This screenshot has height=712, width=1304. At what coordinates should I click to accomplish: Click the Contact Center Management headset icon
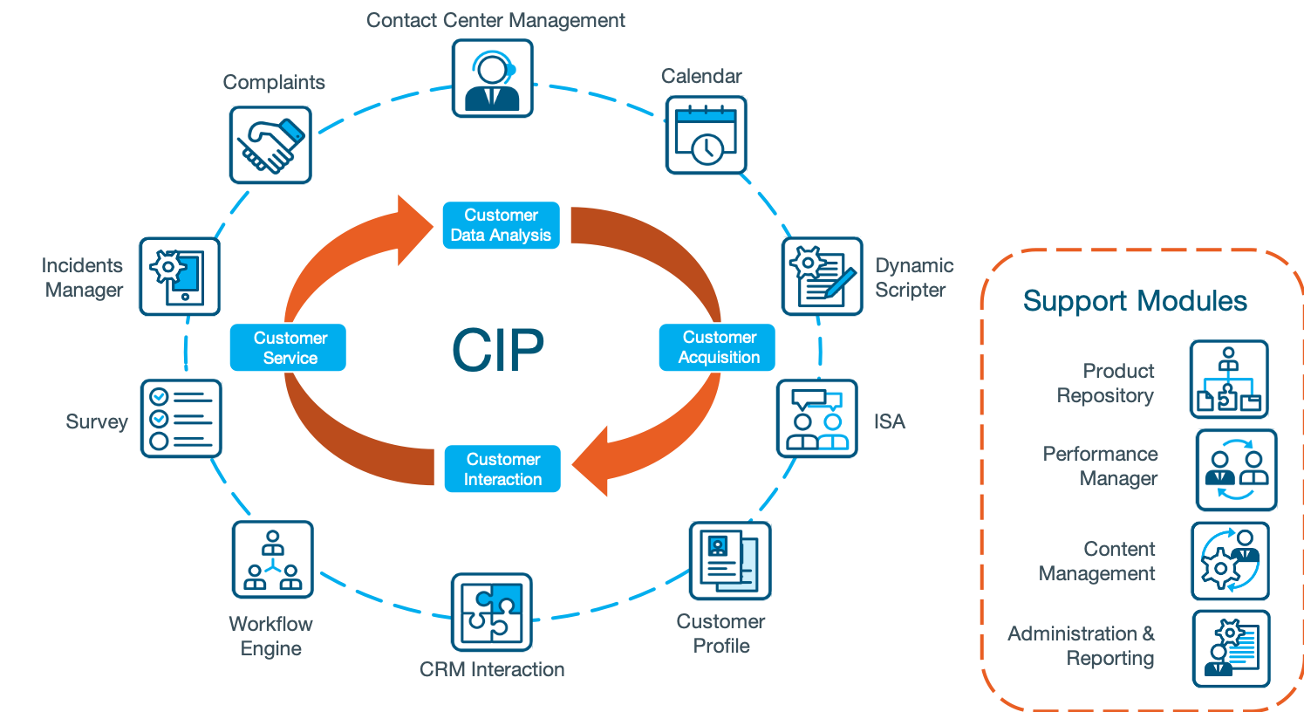coord(492,79)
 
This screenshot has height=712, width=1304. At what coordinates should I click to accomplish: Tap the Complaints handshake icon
coord(270,145)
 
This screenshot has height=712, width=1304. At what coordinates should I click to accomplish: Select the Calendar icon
coord(706,135)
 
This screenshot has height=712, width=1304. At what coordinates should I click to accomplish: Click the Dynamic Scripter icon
coord(822,277)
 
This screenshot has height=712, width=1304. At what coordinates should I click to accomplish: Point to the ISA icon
coord(817,419)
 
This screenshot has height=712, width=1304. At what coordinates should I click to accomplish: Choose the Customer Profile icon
coord(730,561)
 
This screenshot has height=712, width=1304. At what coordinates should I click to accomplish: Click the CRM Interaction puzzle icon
coord(492,613)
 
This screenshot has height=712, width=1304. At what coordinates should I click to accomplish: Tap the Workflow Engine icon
coord(272,559)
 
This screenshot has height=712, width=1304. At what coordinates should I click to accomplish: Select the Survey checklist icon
coord(181,419)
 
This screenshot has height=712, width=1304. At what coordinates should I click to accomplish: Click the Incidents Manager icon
coord(179,277)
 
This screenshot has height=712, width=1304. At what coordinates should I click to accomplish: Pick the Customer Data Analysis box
coord(501,225)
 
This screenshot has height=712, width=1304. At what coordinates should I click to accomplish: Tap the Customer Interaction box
coord(502,469)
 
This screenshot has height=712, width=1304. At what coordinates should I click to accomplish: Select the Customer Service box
coord(289,347)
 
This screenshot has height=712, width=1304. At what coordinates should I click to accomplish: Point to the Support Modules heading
coord(1135,301)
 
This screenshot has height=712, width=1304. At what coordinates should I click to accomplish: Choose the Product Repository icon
coord(1229,380)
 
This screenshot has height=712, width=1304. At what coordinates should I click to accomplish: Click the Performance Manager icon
coord(1236,469)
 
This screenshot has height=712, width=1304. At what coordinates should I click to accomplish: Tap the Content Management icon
coord(1230,561)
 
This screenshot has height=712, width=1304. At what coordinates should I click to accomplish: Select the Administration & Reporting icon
coord(1231,649)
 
